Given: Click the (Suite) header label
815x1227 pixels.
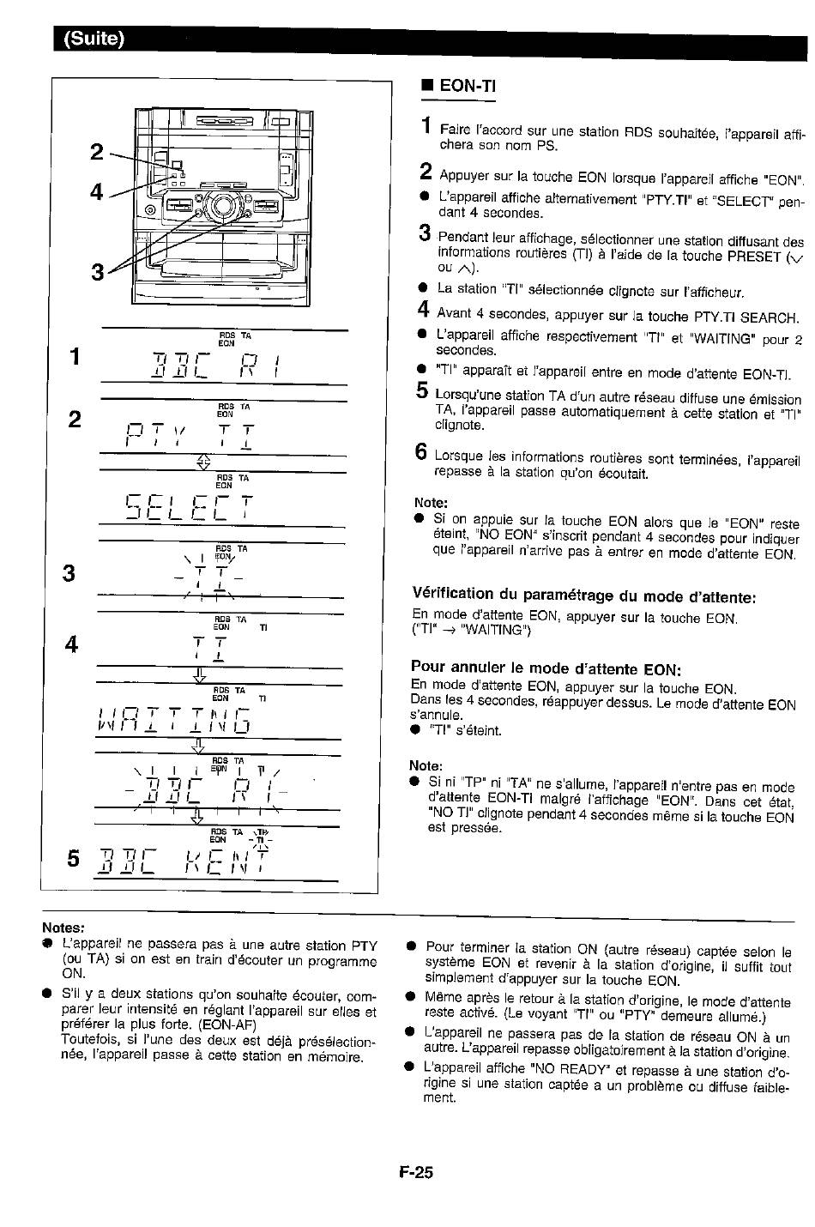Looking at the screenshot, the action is click(94, 39).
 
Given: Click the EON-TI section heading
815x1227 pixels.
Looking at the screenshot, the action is click(468, 86).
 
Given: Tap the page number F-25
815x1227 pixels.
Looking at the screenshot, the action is click(416, 1172).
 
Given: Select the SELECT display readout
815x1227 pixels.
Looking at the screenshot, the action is click(190, 507).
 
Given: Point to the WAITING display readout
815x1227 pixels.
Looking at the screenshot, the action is click(173, 720).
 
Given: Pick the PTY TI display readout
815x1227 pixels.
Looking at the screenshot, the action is click(190, 436).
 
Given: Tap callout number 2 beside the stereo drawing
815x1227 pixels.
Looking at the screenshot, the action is click(96, 152).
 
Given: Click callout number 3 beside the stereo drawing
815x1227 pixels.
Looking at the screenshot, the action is click(98, 272).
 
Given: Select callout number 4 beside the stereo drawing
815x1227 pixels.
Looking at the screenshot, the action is click(96, 191).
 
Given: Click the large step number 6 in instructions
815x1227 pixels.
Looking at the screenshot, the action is click(420, 452).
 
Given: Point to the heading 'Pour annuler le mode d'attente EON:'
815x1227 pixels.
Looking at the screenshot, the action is click(546, 668).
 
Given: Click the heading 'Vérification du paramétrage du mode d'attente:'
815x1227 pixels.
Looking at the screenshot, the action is click(584, 595).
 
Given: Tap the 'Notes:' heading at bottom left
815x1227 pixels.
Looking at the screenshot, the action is click(63, 928).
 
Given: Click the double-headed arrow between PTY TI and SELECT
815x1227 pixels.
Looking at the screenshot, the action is click(203, 462).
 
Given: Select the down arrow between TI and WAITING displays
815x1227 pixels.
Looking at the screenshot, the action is click(200, 674).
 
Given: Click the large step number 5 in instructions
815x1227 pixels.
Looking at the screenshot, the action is click(422, 390).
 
